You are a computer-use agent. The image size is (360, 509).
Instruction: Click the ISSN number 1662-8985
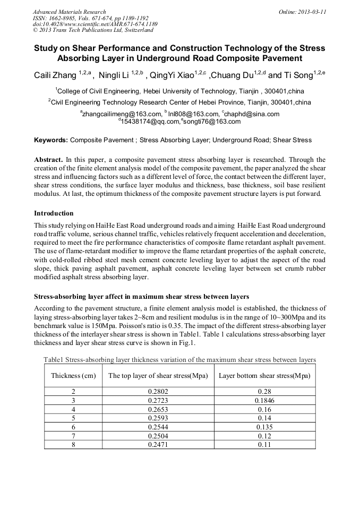tap(66, 18)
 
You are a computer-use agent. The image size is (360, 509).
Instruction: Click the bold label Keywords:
tap(51, 140)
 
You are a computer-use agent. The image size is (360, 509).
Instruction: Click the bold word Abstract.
tap(49, 159)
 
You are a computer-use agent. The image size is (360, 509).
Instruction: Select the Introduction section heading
tap(54, 213)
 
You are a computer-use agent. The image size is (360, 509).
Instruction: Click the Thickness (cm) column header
tap(73, 376)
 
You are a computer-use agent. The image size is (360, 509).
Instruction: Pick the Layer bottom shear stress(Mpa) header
tap(264, 376)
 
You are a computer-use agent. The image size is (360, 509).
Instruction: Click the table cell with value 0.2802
tap(158, 391)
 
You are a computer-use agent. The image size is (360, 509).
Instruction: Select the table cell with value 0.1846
tap(264, 400)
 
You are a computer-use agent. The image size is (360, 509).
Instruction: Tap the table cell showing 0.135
tap(264, 427)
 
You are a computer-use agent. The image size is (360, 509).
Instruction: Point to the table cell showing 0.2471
tap(158, 444)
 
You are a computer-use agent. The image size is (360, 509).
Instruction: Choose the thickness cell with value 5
tap(73, 418)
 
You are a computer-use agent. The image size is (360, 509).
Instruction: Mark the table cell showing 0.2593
tap(158, 418)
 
